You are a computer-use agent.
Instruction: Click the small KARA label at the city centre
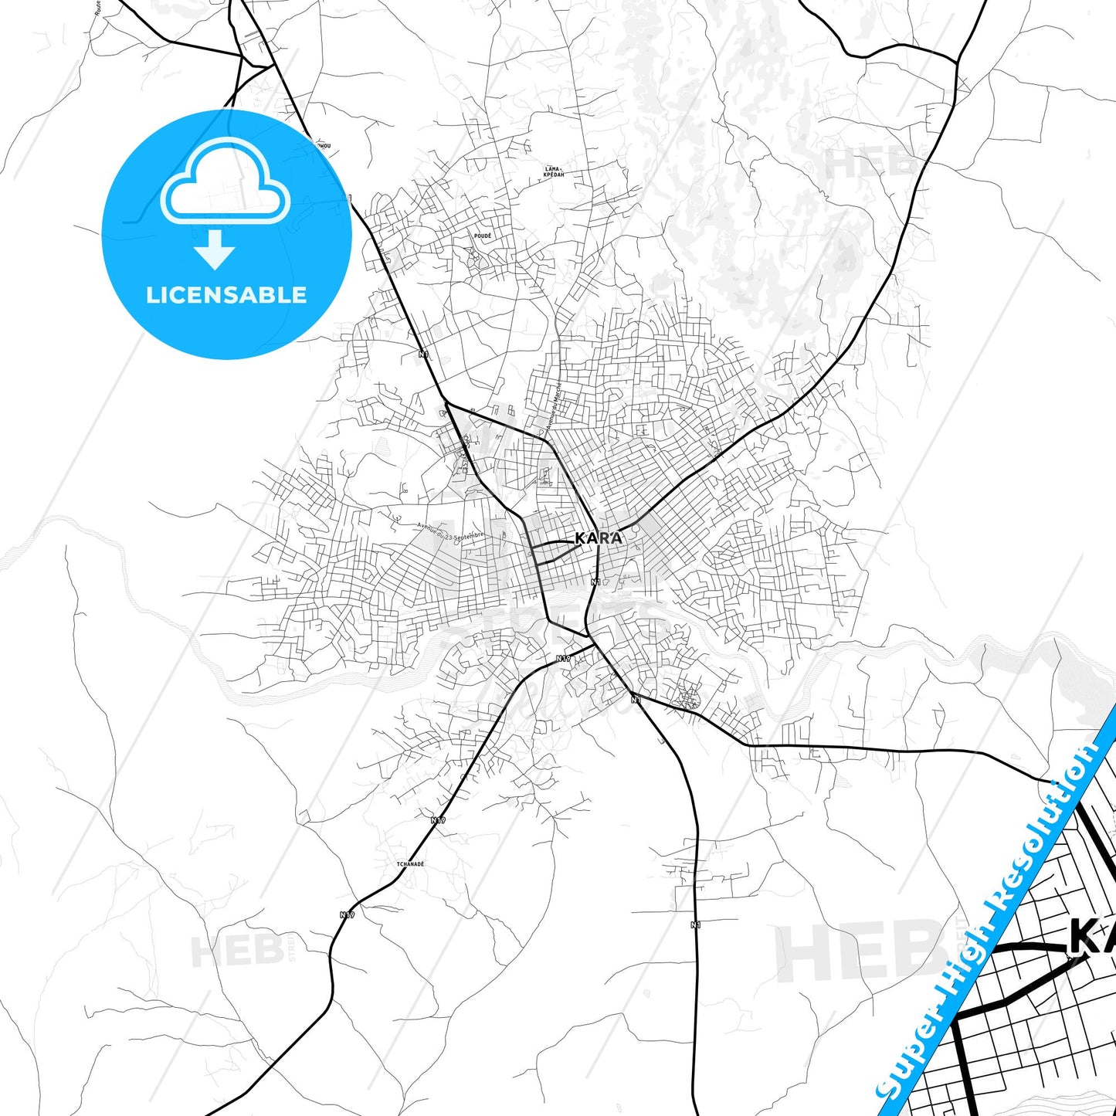point(599,538)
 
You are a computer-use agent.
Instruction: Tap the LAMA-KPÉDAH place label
point(554,171)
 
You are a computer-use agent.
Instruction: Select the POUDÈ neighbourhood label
point(483,236)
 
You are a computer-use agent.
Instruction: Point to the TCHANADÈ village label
point(410,863)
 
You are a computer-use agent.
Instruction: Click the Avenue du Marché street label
point(554,406)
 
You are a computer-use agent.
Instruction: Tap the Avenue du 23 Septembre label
point(450,531)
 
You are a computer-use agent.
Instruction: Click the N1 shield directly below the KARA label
point(595,582)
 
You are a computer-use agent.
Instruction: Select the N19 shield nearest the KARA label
point(564,658)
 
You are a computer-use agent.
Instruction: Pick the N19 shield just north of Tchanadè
point(438,819)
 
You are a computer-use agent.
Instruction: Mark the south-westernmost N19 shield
point(347,914)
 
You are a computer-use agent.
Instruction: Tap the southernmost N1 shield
point(695,924)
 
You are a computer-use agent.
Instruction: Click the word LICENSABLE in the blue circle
point(226,295)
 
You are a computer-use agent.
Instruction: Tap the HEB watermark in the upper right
point(867,164)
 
